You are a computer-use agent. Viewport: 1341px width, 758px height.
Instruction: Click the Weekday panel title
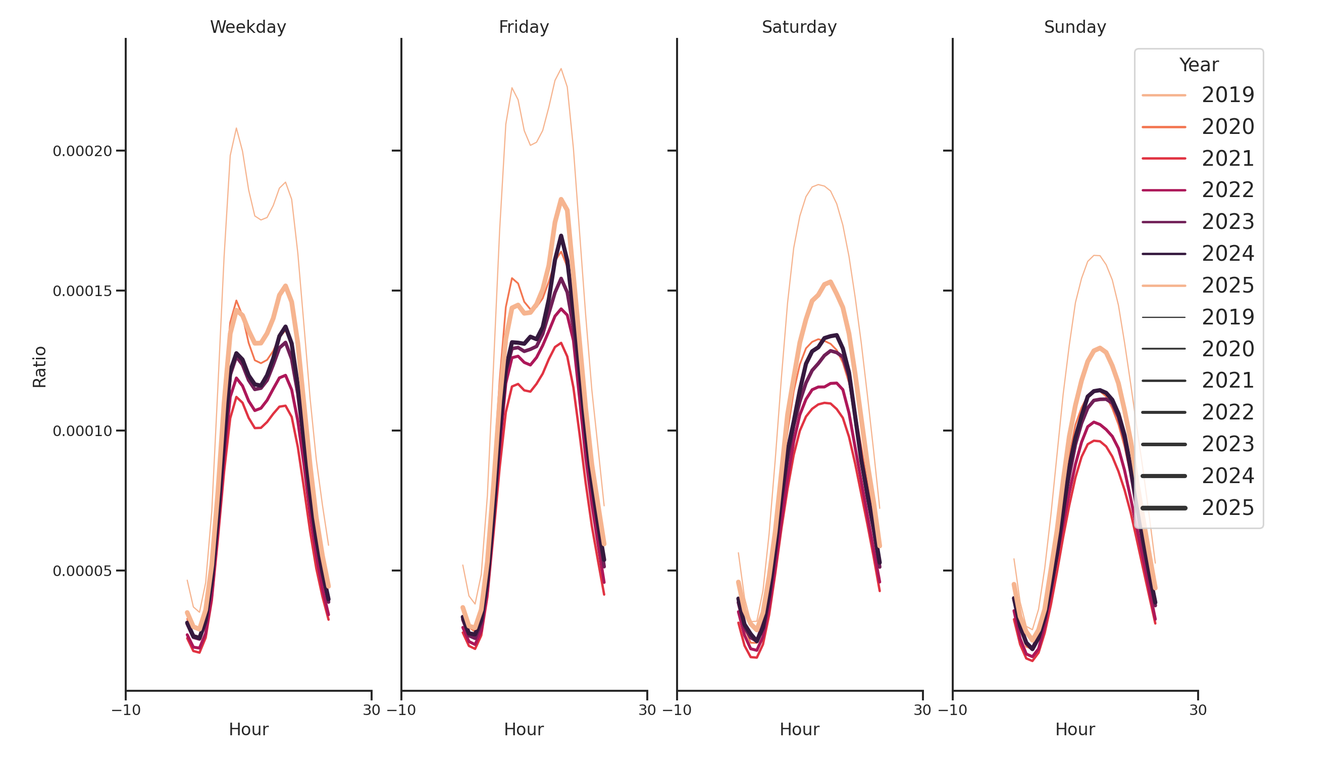(248, 27)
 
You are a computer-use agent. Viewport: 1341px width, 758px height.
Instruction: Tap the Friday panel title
(524, 27)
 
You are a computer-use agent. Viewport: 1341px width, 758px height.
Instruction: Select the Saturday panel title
(799, 27)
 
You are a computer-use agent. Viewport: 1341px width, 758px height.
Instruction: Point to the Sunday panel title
(1075, 27)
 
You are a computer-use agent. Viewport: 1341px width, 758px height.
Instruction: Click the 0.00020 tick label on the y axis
(82, 151)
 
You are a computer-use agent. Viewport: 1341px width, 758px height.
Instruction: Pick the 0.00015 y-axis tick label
(82, 291)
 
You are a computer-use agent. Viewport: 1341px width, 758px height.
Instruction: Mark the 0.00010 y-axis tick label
(82, 432)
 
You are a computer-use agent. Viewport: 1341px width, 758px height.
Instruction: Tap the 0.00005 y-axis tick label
(82, 572)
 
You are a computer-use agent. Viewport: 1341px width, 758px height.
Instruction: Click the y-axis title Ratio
(39, 367)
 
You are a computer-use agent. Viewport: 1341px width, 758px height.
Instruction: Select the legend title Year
(1198, 65)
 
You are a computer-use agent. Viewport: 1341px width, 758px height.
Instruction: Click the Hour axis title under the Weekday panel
(248, 729)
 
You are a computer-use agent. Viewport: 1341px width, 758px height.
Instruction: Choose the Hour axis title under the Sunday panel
(1075, 729)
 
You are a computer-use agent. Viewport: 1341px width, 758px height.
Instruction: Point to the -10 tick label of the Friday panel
(401, 710)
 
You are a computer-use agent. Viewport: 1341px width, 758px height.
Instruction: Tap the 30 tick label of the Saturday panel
(922, 710)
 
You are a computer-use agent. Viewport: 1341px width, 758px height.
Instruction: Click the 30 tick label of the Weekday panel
(372, 710)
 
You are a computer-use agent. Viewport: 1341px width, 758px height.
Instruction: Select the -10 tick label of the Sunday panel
(953, 710)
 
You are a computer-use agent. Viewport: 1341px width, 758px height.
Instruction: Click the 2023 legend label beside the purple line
(1227, 222)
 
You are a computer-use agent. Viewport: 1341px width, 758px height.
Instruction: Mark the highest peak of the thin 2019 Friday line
(560, 69)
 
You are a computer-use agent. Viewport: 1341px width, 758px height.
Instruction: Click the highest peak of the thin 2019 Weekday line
(236, 128)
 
